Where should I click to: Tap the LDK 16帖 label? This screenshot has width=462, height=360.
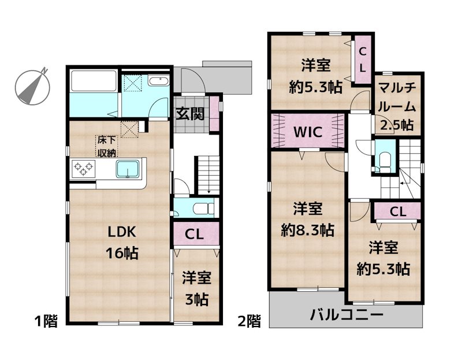tap(122, 242)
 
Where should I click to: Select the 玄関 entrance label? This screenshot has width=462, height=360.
tap(190, 114)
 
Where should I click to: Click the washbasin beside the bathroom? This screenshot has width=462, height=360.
tap(158, 81)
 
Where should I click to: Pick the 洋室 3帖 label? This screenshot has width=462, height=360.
tap(197, 288)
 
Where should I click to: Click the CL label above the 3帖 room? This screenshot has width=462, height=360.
tap(196, 234)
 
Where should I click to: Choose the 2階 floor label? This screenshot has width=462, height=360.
tap(249, 322)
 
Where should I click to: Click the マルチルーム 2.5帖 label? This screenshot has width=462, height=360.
tap(397, 106)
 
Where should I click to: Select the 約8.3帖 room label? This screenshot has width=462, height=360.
tap(307, 220)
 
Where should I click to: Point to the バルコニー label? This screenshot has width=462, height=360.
tap(346, 316)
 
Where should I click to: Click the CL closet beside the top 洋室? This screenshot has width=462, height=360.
tap(363, 60)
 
